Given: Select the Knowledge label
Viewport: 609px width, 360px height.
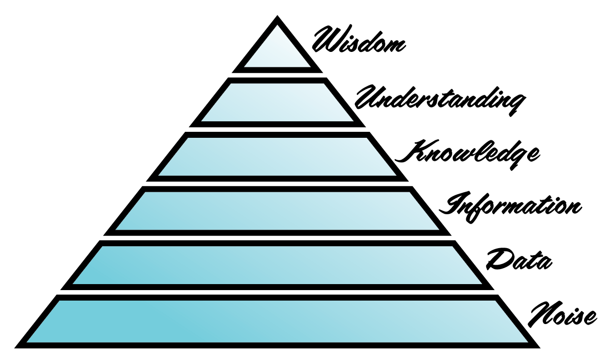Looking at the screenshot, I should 467,152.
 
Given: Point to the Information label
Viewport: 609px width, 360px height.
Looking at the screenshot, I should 513,205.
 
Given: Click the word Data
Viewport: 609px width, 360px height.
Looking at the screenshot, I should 519,260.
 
